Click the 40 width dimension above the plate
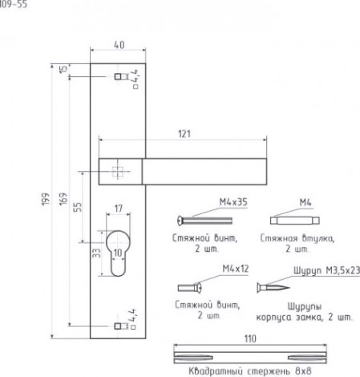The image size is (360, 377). tap(119, 45)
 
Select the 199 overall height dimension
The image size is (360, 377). tap(46, 199)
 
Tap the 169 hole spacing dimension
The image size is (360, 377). tap(63, 199)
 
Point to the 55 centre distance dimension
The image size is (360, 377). tap(78, 207)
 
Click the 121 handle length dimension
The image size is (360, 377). tap(184, 134)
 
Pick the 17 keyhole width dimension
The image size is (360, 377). tap(119, 209)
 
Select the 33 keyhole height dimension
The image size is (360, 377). tap(97, 253)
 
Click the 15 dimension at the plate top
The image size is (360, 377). tap(63, 69)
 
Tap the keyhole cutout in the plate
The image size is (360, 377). tap(119, 253)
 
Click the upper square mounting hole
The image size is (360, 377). tap(118, 77)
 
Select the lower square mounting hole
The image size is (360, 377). tap(118, 326)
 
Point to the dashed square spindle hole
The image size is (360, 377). tap(117, 172)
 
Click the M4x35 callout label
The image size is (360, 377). tap(233, 202)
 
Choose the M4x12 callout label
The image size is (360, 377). tap(236, 269)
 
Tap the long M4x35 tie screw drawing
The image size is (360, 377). tap(204, 221)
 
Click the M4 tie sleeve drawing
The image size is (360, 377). tap(295, 221)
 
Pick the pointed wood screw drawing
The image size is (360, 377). tap(273, 288)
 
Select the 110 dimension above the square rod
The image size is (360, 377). tap(250, 338)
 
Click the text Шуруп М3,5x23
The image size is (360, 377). tap(326, 270)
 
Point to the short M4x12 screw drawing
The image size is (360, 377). tap(190, 288)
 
